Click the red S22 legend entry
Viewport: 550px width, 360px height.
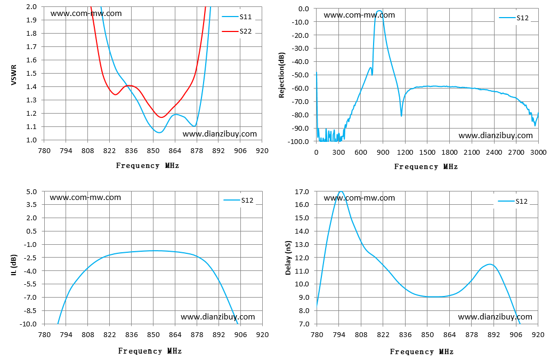(x=237, y=31)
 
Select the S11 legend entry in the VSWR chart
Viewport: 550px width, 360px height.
(x=237, y=17)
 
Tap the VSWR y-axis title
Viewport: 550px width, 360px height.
(x=14, y=74)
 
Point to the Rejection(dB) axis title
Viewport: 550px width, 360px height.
(x=282, y=75)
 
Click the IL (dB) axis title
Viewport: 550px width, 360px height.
(x=14, y=265)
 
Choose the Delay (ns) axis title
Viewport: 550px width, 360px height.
(x=288, y=258)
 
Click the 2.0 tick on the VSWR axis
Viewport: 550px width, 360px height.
(x=31, y=6)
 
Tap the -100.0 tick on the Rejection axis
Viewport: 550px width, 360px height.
(x=298, y=142)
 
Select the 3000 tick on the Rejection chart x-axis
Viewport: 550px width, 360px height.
(x=538, y=153)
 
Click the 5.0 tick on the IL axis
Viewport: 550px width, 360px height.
(x=31, y=191)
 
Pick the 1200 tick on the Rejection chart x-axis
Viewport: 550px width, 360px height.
(x=405, y=153)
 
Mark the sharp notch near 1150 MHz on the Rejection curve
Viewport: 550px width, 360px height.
(x=401, y=116)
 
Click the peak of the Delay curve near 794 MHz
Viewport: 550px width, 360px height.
(x=340, y=191)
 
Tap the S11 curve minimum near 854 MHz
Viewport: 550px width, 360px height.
(x=159, y=132)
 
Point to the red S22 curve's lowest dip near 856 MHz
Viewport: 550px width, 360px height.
(x=161, y=117)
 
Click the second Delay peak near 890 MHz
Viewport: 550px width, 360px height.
(x=490, y=264)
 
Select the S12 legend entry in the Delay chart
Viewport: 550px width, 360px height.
(x=513, y=202)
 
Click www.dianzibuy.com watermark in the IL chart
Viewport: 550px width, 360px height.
(x=218, y=317)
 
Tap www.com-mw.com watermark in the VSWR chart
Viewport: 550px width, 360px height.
(x=86, y=13)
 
